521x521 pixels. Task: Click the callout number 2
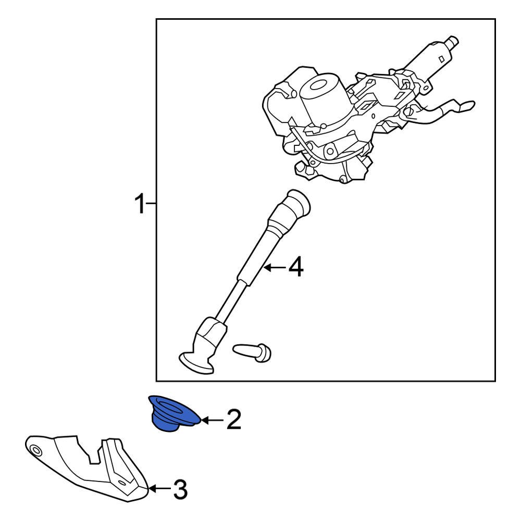(x=233, y=419)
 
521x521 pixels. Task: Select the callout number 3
(x=180, y=489)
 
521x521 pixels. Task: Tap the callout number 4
(x=296, y=267)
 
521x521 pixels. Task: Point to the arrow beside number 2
(x=212, y=420)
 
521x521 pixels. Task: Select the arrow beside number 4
(x=274, y=267)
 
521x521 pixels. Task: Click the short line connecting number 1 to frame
(x=151, y=203)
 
